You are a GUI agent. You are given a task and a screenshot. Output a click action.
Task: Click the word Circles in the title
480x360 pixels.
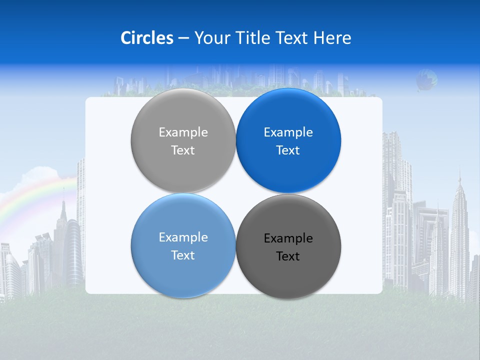click(147, 38)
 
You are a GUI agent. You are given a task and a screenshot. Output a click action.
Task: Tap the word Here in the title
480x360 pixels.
click(332, 38)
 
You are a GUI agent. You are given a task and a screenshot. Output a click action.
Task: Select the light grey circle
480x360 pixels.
click(183, 120)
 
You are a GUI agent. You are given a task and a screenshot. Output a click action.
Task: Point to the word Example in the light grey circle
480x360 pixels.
click(183, 132)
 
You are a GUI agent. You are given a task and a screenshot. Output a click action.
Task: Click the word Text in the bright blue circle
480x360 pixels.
click(288, 150)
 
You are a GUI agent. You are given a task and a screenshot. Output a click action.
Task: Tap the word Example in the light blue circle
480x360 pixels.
click(183, 237)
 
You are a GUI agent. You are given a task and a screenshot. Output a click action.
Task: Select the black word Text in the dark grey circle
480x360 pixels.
click(288, 256)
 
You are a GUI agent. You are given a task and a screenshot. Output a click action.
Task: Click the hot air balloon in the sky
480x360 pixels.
click(426, 80)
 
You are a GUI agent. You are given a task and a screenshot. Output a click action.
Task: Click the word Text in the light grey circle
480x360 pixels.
click(183, 150)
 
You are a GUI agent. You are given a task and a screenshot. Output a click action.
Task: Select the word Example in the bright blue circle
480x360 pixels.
click(288, 132)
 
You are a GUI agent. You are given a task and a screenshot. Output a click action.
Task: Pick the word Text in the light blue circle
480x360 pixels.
click(183, 255)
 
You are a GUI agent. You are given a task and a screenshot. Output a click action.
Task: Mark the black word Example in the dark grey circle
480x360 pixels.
click(288, 238)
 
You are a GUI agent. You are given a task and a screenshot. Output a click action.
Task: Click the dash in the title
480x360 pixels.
click(183, 38)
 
